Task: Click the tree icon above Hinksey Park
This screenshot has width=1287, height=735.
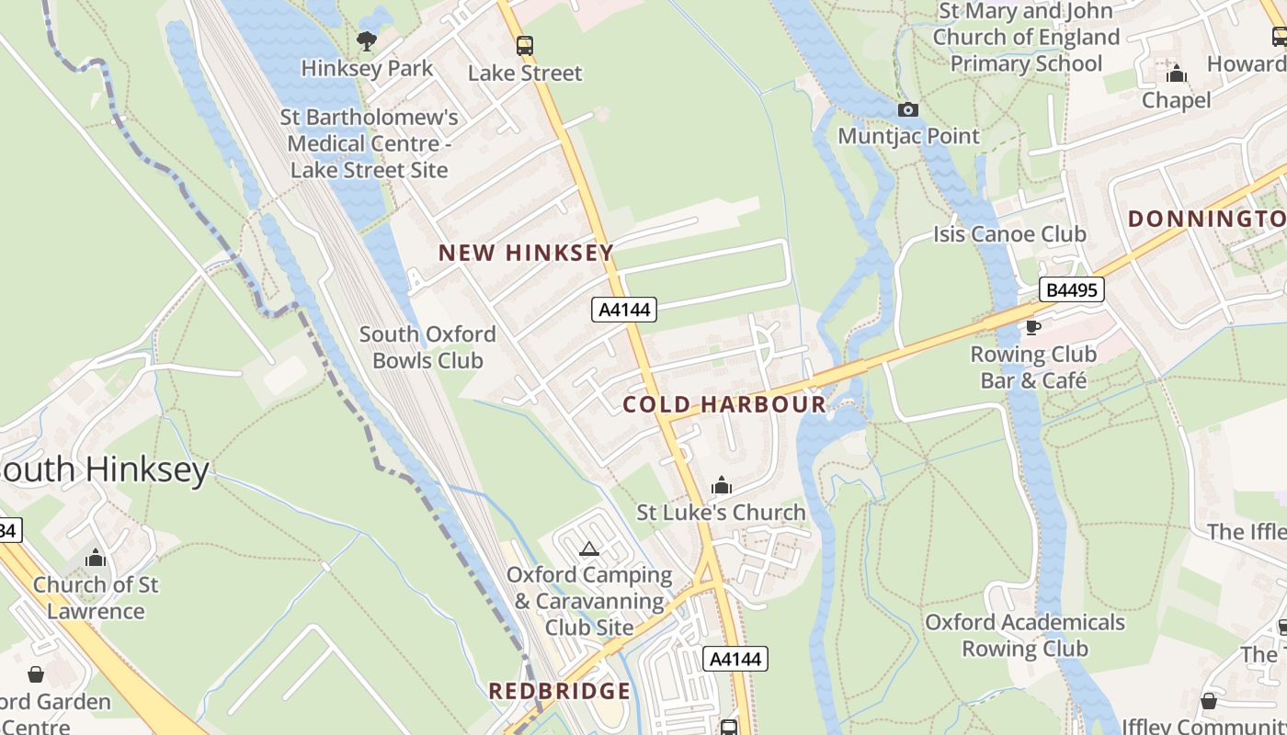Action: [x=367, y=40]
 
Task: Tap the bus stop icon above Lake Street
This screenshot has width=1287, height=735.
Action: [x=525, y=45]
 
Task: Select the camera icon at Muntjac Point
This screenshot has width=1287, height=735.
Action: [x=907, y=109]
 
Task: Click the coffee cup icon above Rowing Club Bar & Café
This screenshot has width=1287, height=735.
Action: [x=1033, y=327]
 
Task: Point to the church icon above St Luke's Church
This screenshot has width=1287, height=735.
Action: [x=722, y=485]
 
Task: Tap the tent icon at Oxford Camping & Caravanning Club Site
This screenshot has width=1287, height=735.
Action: [x=589, y=549]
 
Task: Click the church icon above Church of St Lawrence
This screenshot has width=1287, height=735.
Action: [x=96, y=558]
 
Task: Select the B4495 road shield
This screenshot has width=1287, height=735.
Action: [x=1072, y=290]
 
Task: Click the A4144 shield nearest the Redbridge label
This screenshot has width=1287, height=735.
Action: [x=735, y=659]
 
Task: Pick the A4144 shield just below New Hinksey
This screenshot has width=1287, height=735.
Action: [x=623, y=310]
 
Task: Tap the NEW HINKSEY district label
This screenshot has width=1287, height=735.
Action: [x=525, y=253]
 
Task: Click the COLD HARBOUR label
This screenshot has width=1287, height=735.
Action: [x=724, y=404]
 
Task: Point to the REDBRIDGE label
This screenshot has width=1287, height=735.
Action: [x=559, y=691]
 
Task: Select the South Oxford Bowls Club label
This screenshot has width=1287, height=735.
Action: [x=427, y=347]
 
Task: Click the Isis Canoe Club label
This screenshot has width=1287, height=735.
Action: [x=1009, y=234]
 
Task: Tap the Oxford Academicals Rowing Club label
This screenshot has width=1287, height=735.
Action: [x=1024, y=635]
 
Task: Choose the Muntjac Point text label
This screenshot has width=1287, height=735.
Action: [x=909, y=136]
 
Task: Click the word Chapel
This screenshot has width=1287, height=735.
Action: [x=1176, y=99]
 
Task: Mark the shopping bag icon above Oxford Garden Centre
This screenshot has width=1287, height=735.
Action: [x=36, y=675]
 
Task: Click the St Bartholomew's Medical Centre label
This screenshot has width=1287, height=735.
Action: [x=370, y=143]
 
